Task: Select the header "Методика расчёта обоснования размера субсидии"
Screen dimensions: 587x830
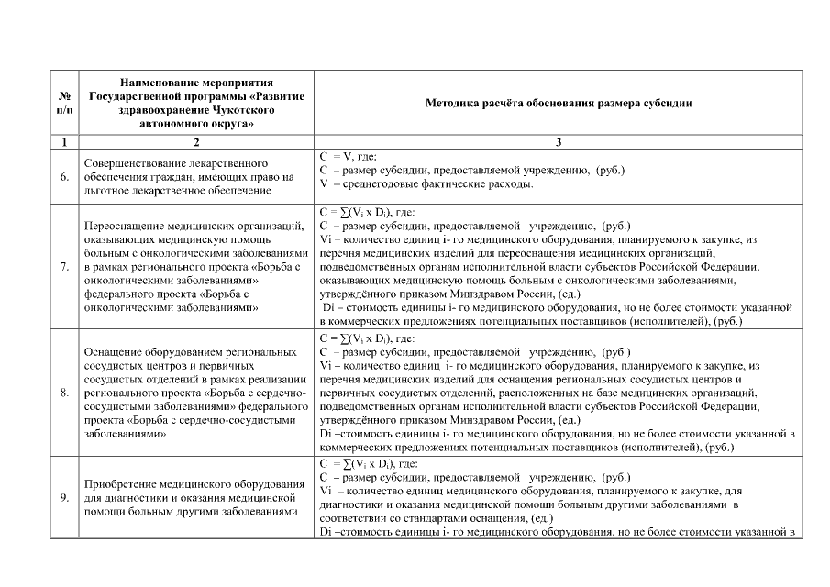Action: coord(558,104)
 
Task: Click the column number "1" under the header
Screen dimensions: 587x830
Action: coord(64,141)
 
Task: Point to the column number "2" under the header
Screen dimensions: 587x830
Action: coord(195,141)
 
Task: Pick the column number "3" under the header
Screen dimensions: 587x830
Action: coord(558,141)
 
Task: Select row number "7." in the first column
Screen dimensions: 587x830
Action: coord(64,267)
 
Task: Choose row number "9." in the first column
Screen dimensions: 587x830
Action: coord(64,497)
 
